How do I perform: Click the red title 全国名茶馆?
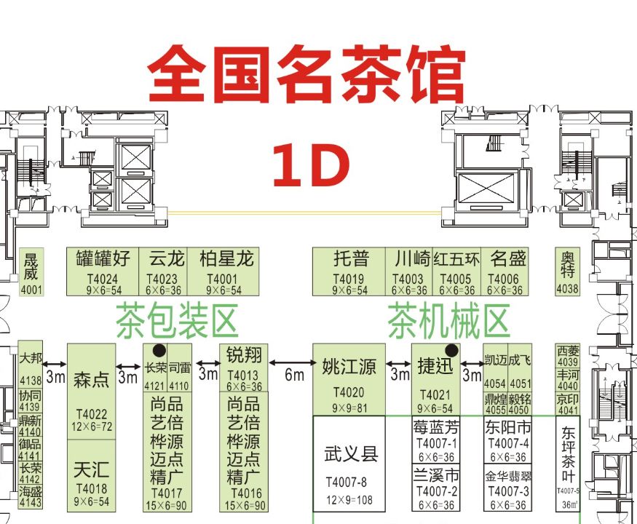coord(306,74)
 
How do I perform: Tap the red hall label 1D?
coord(311,165)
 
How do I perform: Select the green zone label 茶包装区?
coord(177,321)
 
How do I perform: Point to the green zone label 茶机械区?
coord(447,321)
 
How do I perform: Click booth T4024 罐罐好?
coord(102,271)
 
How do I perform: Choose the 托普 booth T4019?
coord(350,271)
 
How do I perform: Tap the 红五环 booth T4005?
coord(456,271)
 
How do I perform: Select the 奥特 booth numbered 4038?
coord(568,271)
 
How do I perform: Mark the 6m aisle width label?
coord(294,374)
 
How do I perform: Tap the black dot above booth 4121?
coord(157,349)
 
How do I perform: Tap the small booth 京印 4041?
coord(568,405)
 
